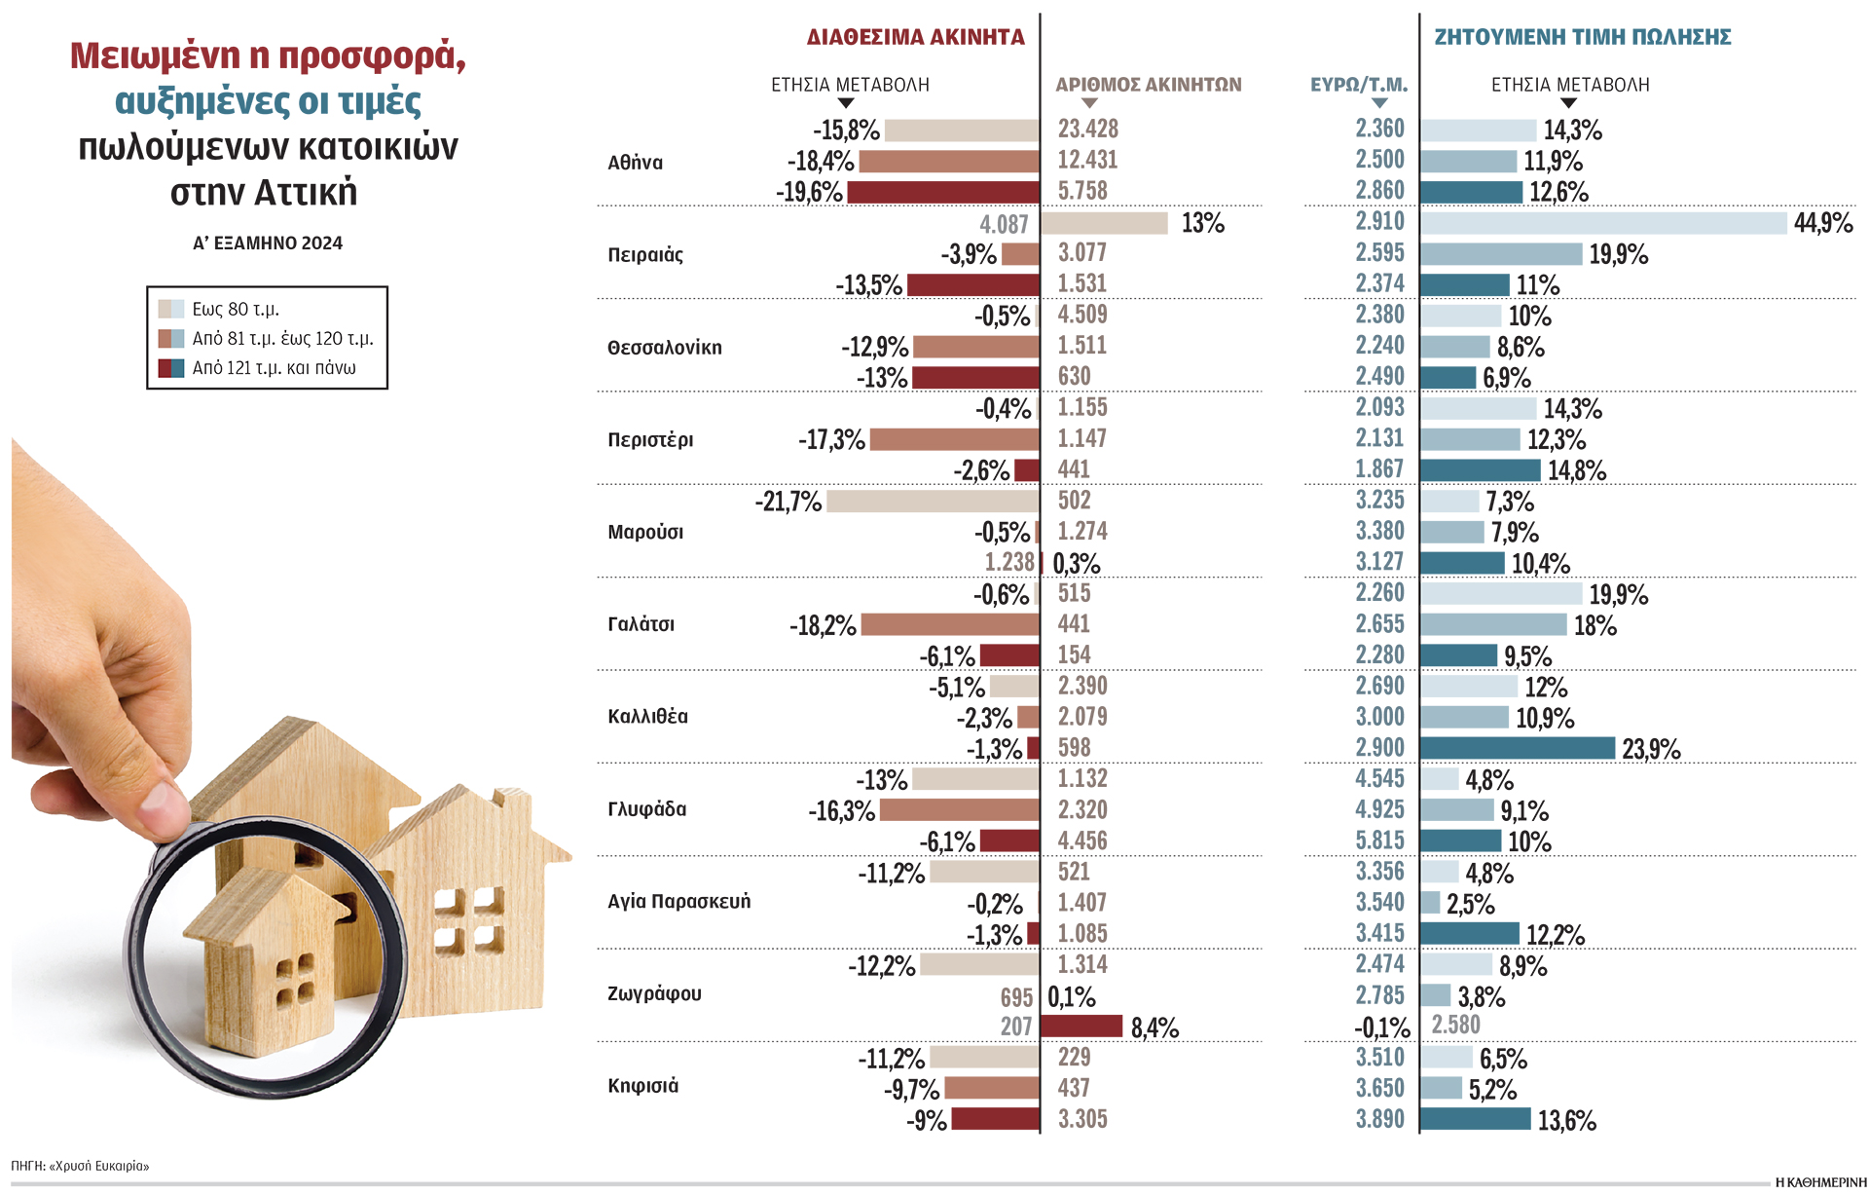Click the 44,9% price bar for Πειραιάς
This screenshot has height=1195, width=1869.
click(1603, 223)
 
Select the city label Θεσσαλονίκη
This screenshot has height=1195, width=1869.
click(665, 348)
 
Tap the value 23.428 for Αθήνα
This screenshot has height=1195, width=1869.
click(1087, 129)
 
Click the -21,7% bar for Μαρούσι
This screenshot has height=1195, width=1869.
click(932, 502)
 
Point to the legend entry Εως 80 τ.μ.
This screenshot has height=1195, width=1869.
click(235, 309)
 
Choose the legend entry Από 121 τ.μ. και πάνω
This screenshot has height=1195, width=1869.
click(274, 368)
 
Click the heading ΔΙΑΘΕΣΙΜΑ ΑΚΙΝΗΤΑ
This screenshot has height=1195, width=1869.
click(915, 37)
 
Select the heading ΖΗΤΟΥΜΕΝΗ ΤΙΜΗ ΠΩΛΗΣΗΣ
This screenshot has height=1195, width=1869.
click(1583, 37)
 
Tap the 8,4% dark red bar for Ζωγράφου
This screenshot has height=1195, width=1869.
click(1081, 1027)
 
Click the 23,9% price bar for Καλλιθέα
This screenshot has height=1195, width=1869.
click(1517, 748)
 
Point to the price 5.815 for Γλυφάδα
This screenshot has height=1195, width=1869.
click(1379, 840)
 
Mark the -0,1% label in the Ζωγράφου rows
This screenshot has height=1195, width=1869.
click(1381, 1027)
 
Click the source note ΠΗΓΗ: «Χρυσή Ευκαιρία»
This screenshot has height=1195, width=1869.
click(80, 1166)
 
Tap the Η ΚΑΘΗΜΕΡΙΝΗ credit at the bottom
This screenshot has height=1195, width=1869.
click(1819, 1182)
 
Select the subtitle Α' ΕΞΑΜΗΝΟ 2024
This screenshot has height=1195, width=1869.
click(268, 243)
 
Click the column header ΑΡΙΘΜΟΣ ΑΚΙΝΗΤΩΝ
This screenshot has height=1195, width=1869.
click(1148, 85)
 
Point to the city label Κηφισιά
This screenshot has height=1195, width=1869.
click(642, 1086)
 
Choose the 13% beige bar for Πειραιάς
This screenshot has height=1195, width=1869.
click(1104, 223)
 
